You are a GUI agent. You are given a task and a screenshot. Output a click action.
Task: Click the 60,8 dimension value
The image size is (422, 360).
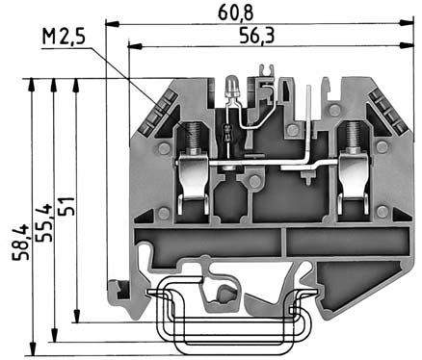236,13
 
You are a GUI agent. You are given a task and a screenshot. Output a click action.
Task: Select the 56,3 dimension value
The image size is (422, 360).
257,36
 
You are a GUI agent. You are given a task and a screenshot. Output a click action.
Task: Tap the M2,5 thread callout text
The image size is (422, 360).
64,36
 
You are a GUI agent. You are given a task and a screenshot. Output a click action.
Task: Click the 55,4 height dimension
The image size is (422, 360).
43,222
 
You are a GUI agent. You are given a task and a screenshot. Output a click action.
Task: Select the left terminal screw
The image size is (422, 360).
194,136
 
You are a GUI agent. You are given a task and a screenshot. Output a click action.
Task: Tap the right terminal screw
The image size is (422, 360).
353,136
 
